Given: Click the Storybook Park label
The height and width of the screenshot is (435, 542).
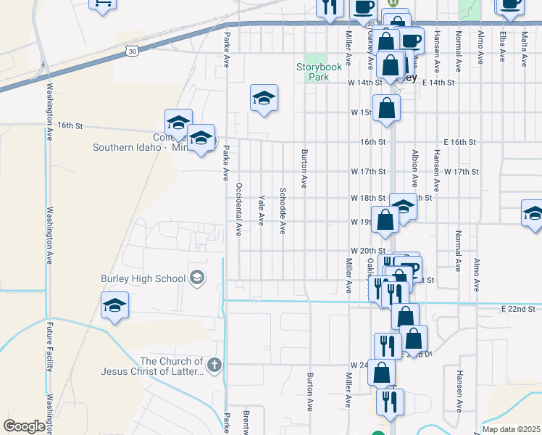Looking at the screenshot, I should click(x=318, y=71).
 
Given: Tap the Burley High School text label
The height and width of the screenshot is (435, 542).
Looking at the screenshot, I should click(x=143, y=278).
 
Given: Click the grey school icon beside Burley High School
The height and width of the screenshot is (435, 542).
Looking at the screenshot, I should click(x=196, y=278).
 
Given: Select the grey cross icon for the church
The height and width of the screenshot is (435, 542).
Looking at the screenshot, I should click(x=213, y=365).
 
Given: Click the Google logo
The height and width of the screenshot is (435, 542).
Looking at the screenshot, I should click(x=24, y=426).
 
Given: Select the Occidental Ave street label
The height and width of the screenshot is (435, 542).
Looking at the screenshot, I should click(x=238, y=210).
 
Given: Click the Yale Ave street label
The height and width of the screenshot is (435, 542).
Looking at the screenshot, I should click(x=260, y=210).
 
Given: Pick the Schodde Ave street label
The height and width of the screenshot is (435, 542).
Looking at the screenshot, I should click(x=283, y=211).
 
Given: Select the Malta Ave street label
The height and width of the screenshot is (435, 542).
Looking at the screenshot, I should click(x=524, y=47).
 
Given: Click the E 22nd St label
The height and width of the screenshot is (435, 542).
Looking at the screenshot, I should click(x=517, y=309).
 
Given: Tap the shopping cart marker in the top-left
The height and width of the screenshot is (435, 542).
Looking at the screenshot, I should click(x=103, y=3).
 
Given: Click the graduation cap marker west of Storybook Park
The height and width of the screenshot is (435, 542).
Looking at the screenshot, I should click(x=264, y=99).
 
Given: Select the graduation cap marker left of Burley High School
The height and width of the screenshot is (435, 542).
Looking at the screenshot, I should click(x=114, y=307).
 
